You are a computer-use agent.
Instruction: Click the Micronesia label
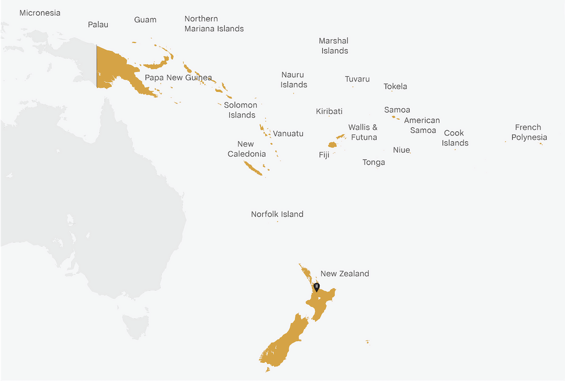(40, 13)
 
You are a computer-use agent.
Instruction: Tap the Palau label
(98, 25)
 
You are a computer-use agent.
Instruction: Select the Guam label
(145, 20)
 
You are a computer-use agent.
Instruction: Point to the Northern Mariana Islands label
(214, 24)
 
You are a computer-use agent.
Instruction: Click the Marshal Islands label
(334, 46)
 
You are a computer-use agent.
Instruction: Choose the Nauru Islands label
(293, 80)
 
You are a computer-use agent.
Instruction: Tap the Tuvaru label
(357, 79)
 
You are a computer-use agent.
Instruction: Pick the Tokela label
(395, 87)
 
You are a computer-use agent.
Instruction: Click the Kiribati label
(329, 111)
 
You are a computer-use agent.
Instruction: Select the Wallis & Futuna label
(363, 132)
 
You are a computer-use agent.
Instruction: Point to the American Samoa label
(422, 125)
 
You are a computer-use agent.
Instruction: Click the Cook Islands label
(455, 138)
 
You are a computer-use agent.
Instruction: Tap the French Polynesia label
(529, 132)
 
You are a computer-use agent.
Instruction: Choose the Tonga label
(374, 163)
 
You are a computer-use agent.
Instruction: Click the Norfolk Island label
(277, 214)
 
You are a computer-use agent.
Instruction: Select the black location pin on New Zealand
(317, 287)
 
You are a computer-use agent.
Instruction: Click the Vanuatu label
(288, 134)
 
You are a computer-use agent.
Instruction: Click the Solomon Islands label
(241, 110)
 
